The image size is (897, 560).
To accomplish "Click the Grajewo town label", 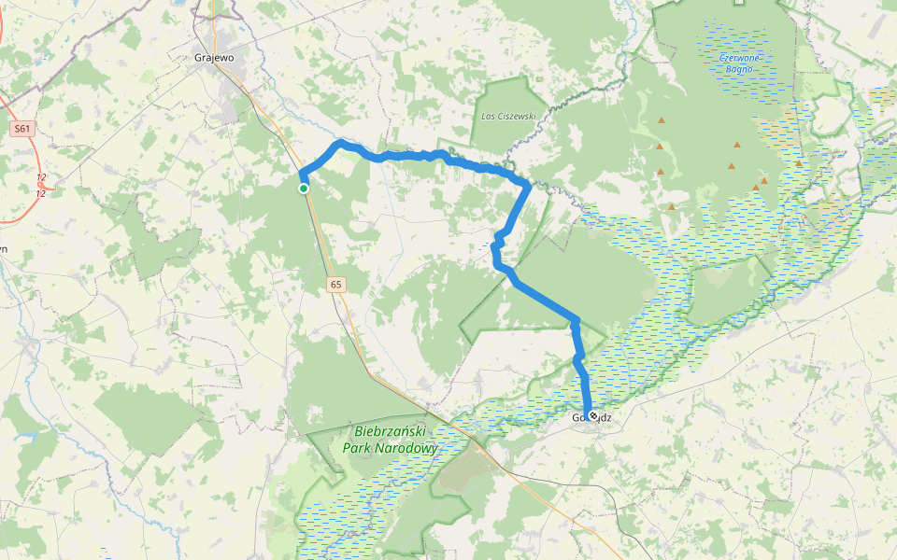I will tap(213, 58).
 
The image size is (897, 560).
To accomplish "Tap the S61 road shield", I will tap(23, 129).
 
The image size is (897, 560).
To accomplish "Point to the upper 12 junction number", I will tap(41, 176).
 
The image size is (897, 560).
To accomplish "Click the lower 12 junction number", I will tap(41, 193).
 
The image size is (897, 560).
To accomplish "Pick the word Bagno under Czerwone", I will tap(739, 69).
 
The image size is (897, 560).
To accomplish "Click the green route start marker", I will tap(304, 189).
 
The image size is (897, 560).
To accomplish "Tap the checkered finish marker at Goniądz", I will tap(592, 415).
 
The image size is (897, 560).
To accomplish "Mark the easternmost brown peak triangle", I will tap(799, 163).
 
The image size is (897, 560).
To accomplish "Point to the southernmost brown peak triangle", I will tap(671, 207).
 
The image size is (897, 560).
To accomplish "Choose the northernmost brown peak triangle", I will tap(662, 121).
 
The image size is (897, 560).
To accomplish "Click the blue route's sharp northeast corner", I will tap(529, 185).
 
